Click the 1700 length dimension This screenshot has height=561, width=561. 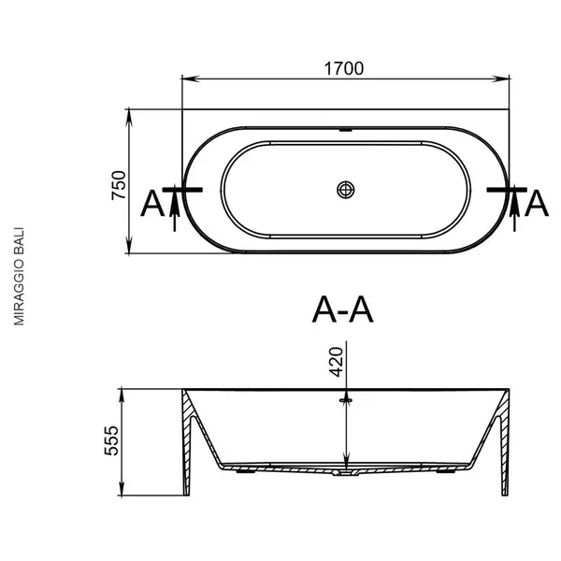[343, 68]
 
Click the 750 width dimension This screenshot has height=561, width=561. [119, 185]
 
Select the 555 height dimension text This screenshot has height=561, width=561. [111, 440]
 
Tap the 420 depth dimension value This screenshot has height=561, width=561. [336, 362]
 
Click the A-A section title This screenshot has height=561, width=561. [343, 309]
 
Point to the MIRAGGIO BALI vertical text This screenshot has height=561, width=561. [19, 276]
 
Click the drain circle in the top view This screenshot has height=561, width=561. [346, 190]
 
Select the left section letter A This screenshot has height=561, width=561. [152, 204]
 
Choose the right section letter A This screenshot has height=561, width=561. [537, 204]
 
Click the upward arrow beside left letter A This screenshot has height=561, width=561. [175, 209]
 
